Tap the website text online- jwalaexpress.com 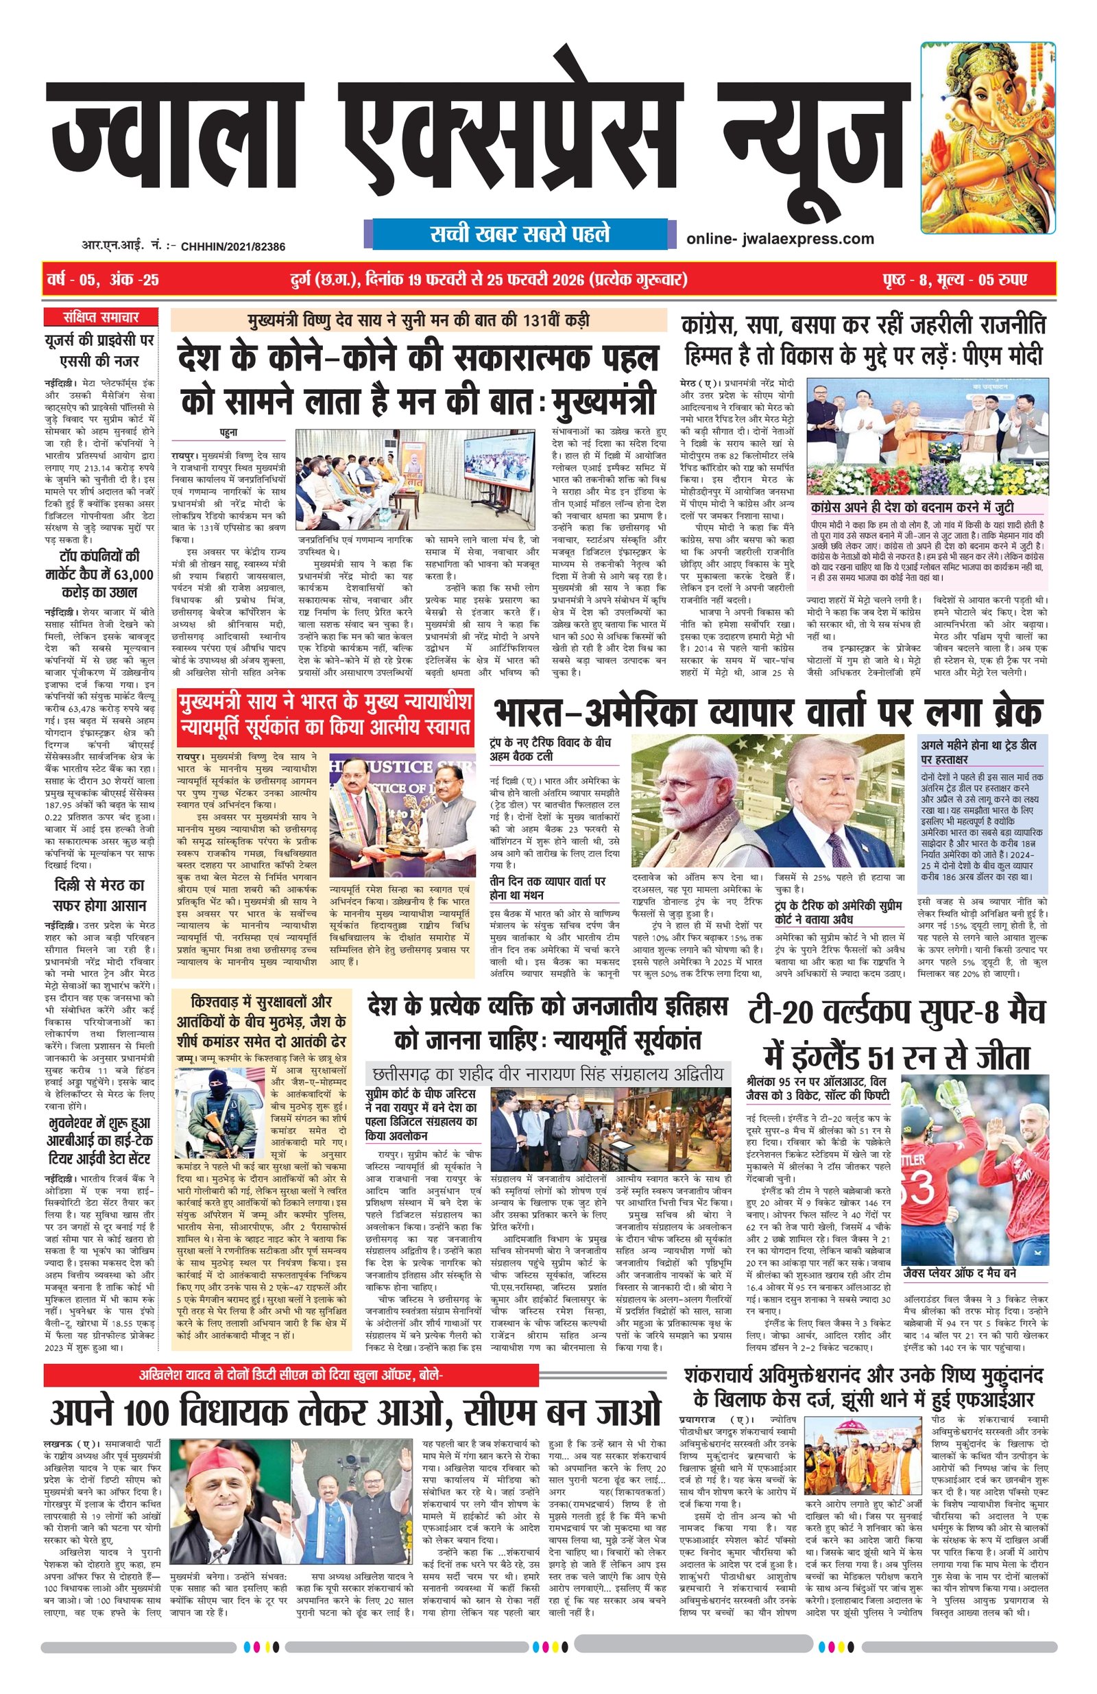[780, 239]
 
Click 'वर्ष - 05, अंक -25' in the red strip [101, 280]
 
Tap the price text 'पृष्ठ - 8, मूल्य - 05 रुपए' [956, 280]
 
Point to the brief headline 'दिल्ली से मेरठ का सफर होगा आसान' [100, 895]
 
